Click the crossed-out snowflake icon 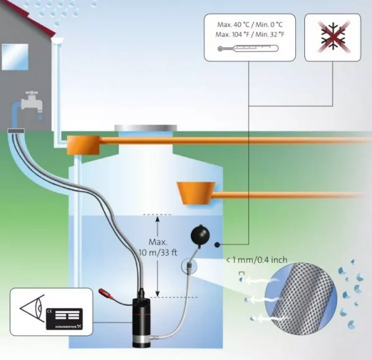pos(333,37)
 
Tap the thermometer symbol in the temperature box pos(248,48)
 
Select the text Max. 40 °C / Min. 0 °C pos(250,25)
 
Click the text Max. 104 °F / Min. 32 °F pos(250,34)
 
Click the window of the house pos(15,56)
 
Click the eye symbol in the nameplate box pos(32,309)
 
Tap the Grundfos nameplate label pos(64,318)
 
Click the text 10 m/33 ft pos(157,253)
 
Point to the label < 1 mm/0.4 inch pos(257,260)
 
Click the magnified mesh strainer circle pos(301,299)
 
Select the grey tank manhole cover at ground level pos(146,128)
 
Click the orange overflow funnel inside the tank pos(197,193)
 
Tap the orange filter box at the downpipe pos(83,145)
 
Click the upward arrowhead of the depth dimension pos(157,219)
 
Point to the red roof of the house pos(29,17)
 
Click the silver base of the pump pos(142,342)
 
